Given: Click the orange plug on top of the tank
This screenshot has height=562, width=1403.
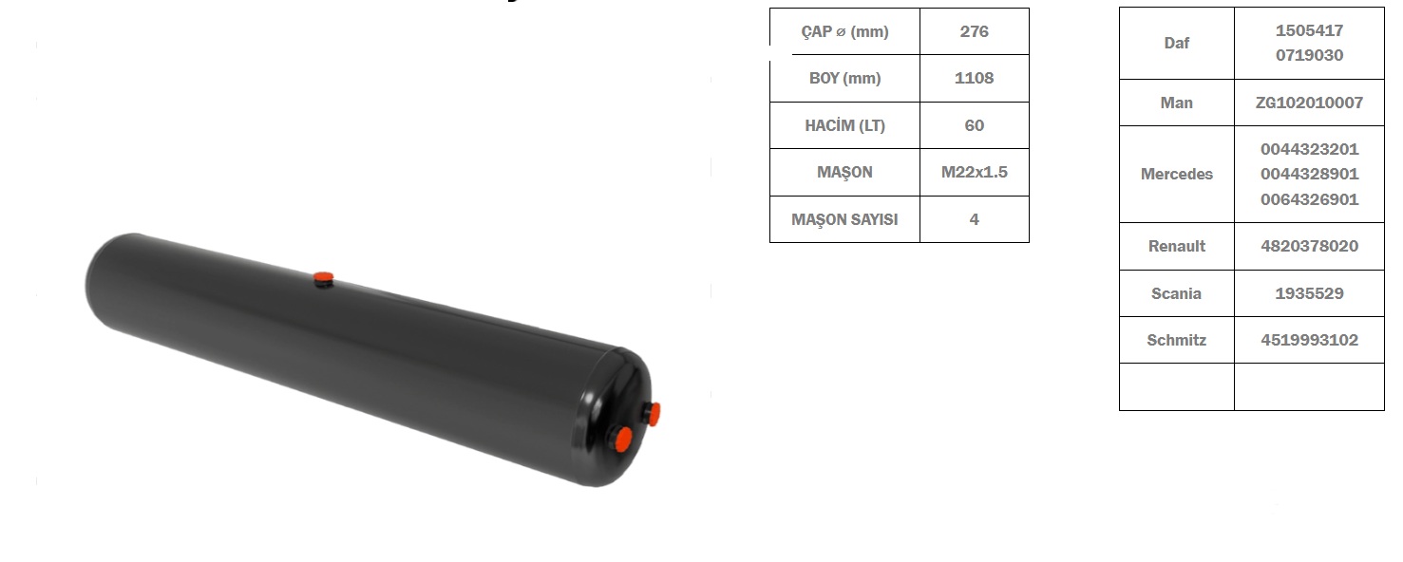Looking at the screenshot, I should coord(324,277).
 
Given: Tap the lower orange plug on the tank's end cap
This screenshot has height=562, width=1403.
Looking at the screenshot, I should coord(621,438).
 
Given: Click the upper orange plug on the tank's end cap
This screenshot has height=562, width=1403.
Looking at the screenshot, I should coord(653,413).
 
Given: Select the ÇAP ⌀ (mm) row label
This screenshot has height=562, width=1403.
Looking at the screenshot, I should coord(844,31).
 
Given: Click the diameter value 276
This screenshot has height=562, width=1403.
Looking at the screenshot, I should coord(974,31).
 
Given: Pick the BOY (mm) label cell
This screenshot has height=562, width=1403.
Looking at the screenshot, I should coord(844,78).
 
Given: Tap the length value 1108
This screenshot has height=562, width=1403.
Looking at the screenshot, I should coord(974,78).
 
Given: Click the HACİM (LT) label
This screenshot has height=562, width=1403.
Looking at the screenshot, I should coord(844,125).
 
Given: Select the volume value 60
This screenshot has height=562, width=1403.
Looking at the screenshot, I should coord(974,125).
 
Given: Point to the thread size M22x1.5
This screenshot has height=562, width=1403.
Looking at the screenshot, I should coord(974,172).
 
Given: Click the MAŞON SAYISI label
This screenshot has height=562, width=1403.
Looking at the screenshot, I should coord(844,219).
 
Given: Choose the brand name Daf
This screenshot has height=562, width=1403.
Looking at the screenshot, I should coord(1176,43).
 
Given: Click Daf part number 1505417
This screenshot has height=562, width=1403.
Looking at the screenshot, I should coord(1309,30).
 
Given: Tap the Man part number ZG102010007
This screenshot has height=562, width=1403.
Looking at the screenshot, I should coord(1309,103).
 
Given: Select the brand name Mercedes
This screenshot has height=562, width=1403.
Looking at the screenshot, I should coord(1176,175).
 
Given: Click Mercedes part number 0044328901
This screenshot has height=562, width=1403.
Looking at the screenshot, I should coord(1309,175).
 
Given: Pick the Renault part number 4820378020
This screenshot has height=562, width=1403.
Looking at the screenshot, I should coord(1309,246).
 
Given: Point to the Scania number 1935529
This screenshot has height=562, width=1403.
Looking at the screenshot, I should coord(1309,293).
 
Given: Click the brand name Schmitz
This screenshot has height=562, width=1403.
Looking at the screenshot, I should coord(1176,340).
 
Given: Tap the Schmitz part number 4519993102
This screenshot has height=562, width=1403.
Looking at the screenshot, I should coord(1309,340).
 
